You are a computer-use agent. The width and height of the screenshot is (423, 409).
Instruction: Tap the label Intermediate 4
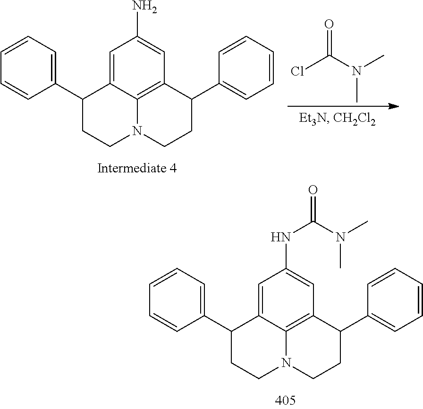pyautogui.click(x=137, y=168)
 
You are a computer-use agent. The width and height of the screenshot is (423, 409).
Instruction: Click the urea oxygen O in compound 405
pyautogui.click(x=312, y=191)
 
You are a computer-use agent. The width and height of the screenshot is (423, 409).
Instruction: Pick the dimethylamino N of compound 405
pyautogui.click(x=341, y=236)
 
